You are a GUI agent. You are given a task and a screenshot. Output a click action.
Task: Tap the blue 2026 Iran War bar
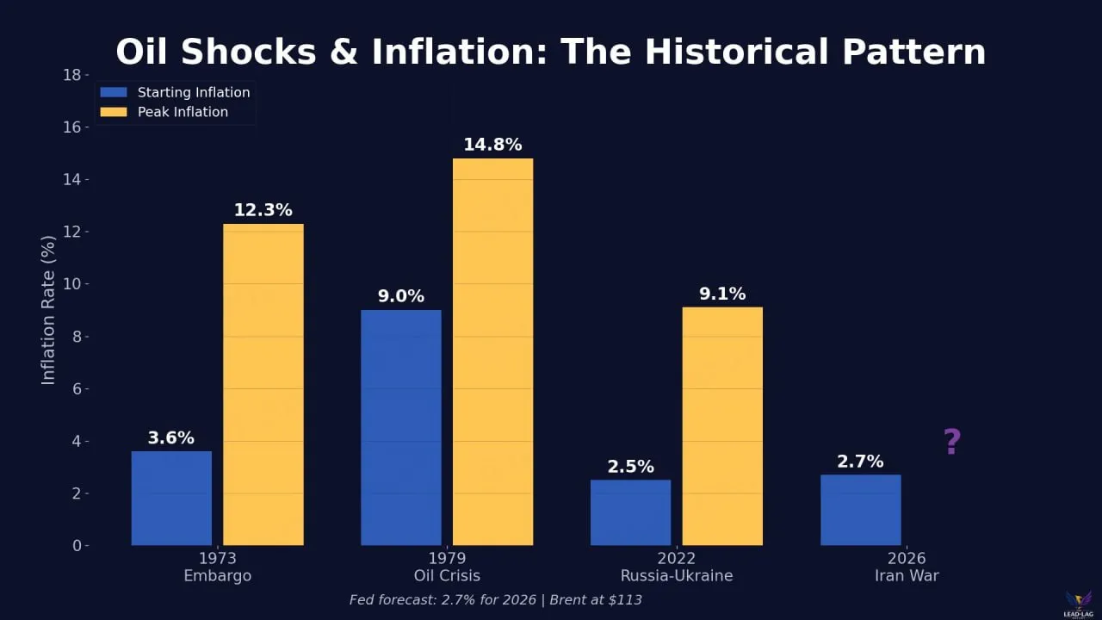[x=860, y=510]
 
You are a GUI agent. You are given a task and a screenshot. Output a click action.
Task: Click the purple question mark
[x=951, y=442]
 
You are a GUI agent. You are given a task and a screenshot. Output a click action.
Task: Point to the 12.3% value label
[x=263, y=210]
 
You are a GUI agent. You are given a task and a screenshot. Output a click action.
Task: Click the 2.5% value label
[x=630, y=467]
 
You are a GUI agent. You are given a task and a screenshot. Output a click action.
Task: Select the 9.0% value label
[x=401, y=296]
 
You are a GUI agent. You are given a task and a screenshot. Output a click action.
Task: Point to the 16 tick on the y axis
[x=73, y=127]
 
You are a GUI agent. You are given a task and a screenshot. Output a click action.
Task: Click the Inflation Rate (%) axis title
[x=48, y=310]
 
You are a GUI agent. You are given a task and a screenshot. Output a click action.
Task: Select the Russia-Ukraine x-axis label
[x=677, y=575]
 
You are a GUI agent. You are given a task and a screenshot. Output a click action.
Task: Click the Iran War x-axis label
[x=907, y=575]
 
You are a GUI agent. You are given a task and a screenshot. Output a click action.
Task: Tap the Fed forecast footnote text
[x=495, y=599]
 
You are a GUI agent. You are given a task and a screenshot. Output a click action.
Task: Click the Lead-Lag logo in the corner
[x=1078, y=603]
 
